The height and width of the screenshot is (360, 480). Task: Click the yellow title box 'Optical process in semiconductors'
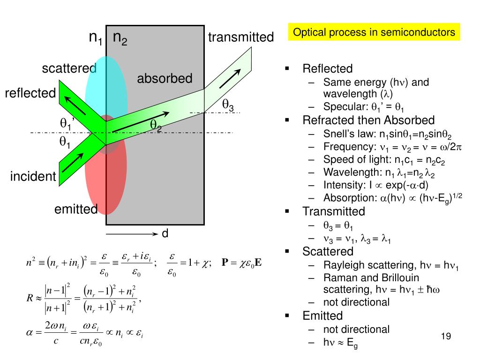374,32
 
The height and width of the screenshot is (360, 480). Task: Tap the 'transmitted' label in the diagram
240,37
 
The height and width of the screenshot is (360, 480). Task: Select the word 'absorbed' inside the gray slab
165,78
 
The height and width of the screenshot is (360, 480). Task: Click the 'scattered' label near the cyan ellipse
69,69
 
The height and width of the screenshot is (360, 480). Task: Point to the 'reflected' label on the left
30,93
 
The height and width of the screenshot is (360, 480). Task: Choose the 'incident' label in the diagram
33,176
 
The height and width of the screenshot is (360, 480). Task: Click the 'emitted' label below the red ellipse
76,209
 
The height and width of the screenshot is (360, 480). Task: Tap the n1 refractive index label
96,38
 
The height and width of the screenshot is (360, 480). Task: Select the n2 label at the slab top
120,38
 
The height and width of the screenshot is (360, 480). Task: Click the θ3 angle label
228,105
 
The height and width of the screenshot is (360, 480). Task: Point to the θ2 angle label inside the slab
156,125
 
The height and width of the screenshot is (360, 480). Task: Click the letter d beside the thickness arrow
165,233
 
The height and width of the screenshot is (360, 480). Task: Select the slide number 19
446,336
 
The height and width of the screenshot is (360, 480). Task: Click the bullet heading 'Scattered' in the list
328,251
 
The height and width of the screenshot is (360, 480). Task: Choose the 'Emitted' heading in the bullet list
322,315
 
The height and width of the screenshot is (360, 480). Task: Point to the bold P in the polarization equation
225,262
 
